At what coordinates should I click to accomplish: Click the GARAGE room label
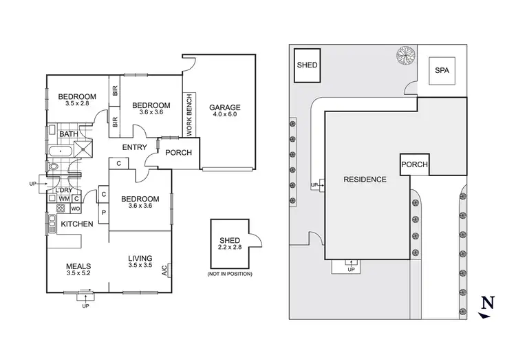[x=226, y=107]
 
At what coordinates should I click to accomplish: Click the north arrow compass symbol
[x=488, y=305]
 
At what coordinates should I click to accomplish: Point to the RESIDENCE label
[x=365, y=179]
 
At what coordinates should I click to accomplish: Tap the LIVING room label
[x=140, y=259]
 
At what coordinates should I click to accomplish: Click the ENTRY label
[x=135, y=147]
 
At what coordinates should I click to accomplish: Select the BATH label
[x=67, y=134]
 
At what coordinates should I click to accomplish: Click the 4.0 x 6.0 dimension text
[x=226, y=116]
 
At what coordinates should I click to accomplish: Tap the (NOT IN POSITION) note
[x=230, y=274]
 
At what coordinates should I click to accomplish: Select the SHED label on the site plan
[x=306, y=65]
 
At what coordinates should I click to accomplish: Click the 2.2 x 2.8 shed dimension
[x=230, y=247]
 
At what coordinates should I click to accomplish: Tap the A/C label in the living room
[x=164, y=270]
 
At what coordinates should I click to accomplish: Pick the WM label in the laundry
[x=63, y=199]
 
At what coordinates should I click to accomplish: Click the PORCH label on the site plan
[x=414, y=164]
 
